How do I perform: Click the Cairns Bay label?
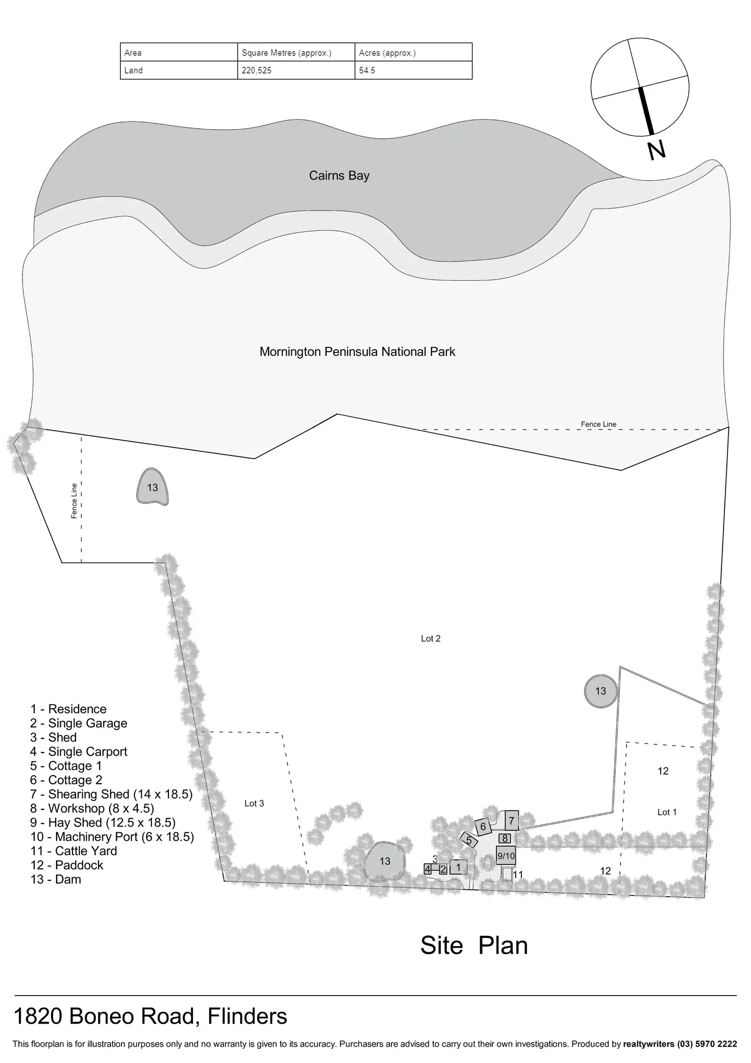(x=339, y=176)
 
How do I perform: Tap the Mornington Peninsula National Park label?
(x=357, y=352)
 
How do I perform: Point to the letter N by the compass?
(x=657, y=150)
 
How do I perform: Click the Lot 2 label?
(x=431, y=639)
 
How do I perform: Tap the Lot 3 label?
(x=254, y=804)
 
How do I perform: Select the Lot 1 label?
(x=667, y=812)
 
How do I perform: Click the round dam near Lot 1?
(x=600, y=691)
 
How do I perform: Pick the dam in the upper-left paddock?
(x=152, y=488)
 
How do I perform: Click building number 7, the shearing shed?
(x=511, y=821)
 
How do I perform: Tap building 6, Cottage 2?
(x=483, y=826)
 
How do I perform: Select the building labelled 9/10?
(x=506, y=856)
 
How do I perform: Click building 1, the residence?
(x=458, y=867)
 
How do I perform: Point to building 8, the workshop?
(x=505, y=838)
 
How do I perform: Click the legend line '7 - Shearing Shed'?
(x=111, y=794)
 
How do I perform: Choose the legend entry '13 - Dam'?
(x=56, y=880)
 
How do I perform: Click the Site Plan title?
(x=473, y=946)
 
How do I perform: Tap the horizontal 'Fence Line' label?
(x=598, y=424)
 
